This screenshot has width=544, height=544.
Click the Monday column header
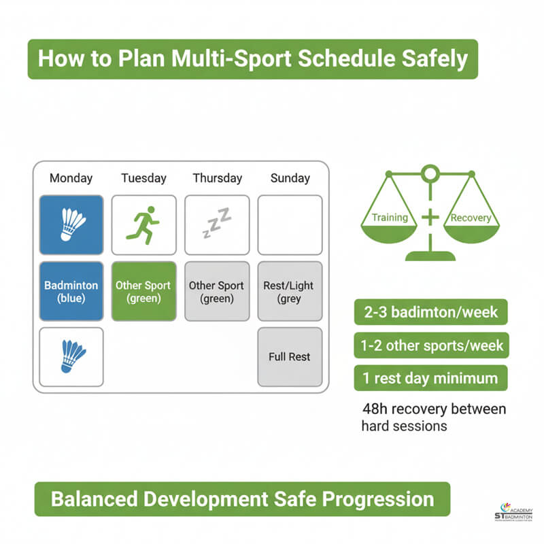71,178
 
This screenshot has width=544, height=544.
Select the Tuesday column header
143,178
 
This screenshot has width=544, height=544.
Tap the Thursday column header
217,178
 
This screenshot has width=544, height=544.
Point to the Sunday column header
290,178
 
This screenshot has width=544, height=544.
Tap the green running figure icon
143,225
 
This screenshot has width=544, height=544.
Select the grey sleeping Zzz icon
217,224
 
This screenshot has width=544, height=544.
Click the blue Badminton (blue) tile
71,291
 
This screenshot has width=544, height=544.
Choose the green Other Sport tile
143,291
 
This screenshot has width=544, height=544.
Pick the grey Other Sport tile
217,291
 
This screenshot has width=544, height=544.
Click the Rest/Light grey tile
290,291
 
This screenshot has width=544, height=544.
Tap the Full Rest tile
290,356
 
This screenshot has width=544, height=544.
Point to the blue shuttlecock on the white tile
71,356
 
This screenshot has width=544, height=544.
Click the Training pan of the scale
390,225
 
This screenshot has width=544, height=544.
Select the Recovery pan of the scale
470,225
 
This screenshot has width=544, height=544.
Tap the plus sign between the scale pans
430,218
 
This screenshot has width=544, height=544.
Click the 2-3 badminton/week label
430,313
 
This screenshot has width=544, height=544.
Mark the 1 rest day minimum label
430,377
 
